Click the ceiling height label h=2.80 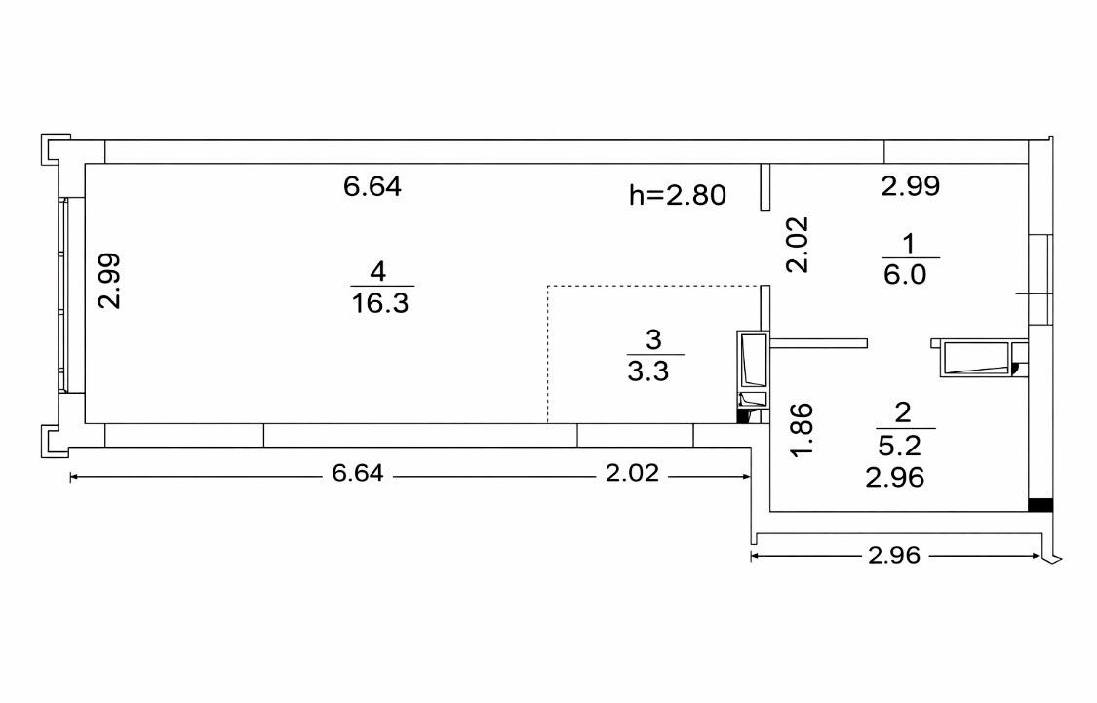pyautogui.click(x=678, y=195)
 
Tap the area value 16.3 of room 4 pyautogui.click(x=380, y=303)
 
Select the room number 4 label pyautogui.click(x=378, y=270)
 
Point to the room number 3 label pyautogui.click(x=652, y=339)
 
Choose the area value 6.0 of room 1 pyautogui.click(x=905, y=274)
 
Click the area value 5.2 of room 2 pyautogui.click(x=899, y=445)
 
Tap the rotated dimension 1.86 pyautogui.click(x=802, y=429)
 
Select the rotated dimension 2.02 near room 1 pyautogui.click(x=797, y=244)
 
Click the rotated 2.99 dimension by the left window pyautogui.click(x=109, y=281)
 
